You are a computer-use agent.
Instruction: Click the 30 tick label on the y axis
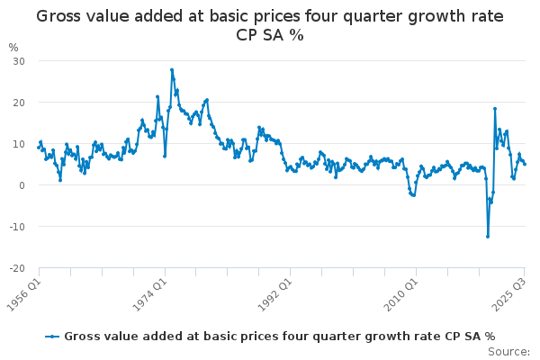click(x=17, y=61)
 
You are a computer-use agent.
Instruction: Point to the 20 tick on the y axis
click(x=17, y=103)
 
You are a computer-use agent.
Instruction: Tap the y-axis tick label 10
click(x=17, y=144)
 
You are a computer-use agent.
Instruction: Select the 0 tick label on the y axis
click(x=20, y=185)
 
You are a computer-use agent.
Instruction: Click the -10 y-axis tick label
click(x=15, y=227)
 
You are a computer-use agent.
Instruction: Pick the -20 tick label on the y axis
click(x=15, y=268)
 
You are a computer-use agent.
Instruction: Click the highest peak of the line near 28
click(x=172, y=69)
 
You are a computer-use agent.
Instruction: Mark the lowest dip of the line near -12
click(x=488, y=237)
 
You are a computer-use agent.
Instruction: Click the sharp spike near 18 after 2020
click(x=495, y=109)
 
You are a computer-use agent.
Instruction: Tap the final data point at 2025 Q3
click(x=525, y=164)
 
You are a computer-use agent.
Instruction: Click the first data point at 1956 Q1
click(x=39, y=147)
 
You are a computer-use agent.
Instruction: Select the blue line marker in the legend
click(x=54, y=336)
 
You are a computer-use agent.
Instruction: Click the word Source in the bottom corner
click(x=509, y=352)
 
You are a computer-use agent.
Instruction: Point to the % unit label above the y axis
click(x=13, y=47)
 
